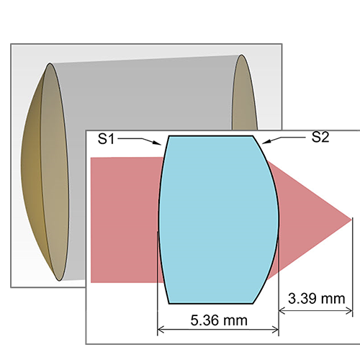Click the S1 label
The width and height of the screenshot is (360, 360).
pyautogui.click(x=106, y=139)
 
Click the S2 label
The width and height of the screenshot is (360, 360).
pyautogui.click(x=320, y=138)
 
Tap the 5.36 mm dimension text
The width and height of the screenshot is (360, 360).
pyautogui.click(x=219, y=320)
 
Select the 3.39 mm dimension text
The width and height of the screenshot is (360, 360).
pyautogui.click(x=316, y=299)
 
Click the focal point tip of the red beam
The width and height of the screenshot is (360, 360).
pyautogui.click(x=351, y=220)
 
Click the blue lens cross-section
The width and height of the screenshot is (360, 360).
pyautogui.click(x=218, y=220)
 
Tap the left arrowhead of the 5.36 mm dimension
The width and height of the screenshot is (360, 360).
pyautogui.click(x=161, y=330)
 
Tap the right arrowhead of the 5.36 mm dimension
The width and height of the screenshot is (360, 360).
pyautogui.click(x=275, y=330)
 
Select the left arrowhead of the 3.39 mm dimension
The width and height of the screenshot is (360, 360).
pyautogui.click(x=282, y=311)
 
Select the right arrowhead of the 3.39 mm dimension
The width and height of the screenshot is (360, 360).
pyautogui.click(x=349, y=311)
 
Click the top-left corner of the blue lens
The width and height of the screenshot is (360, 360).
pyautogui.click(x=169, y=136)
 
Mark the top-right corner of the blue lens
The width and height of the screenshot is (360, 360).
pyautogui.click(x=253, y=136)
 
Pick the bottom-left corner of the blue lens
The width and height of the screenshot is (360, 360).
pyautogui.click(x=169, y=304)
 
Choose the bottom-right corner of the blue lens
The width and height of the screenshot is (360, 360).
pyautogui.click(x=253, y=304)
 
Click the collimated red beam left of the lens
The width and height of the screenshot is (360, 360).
pyautogui.click(x=125, y=220)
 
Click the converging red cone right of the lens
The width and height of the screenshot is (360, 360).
pyautogui.click(x=310, y=220)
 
